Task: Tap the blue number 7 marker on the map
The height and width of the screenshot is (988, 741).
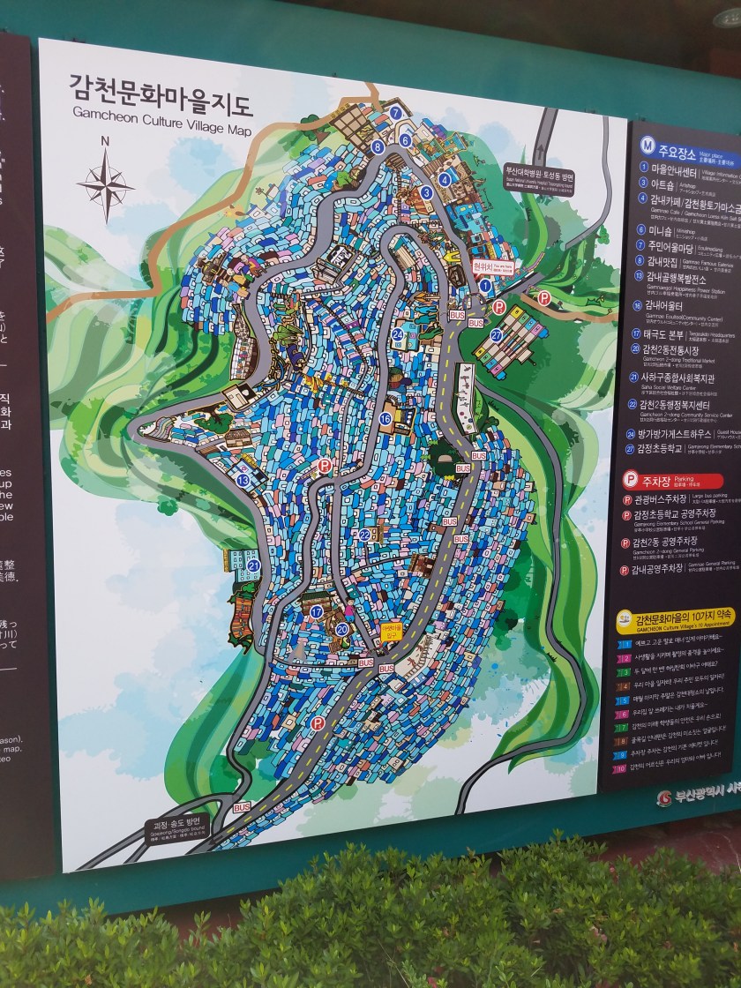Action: (396, 112)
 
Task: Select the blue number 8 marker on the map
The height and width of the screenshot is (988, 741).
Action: (378, 147)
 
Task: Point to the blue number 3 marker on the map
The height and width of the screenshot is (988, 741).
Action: (426, 192)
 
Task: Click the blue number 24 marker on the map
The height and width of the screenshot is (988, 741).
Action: (398, 334)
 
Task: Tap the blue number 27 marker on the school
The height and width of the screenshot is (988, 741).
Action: (497, 335)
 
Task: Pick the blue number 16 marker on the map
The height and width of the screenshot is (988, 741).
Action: (385, 418)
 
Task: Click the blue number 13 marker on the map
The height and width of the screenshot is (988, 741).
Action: (243, 480)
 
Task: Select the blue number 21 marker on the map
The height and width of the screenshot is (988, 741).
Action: (253, 565)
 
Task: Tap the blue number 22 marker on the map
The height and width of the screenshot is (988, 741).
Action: (364, 535)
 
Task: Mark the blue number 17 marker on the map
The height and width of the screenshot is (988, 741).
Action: (316, 611)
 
